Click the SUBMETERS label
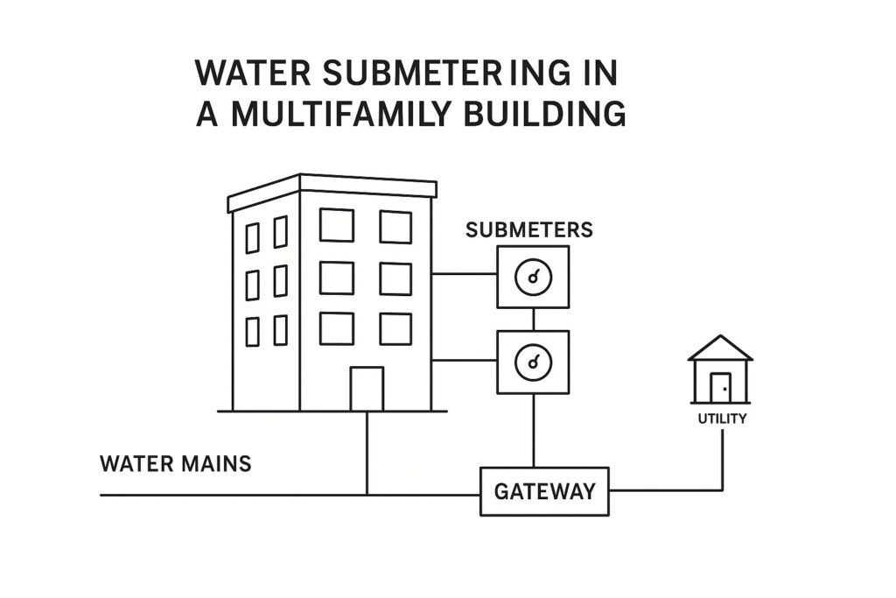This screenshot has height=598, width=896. point(528,230)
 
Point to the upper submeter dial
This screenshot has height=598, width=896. point(533,278)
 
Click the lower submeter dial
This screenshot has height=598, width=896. point(533,362)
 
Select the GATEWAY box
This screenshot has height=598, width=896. point(544,491)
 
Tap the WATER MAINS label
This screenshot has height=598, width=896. point(176,463)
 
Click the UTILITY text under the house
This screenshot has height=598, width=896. point(722,419)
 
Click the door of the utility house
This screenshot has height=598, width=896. point(720,387)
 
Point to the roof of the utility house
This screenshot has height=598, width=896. point(720,348)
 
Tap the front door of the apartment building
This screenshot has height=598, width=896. point(367,389)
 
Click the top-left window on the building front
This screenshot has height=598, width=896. point(336,225)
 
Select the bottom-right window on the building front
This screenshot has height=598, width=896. point(395,328)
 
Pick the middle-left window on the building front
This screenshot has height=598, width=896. point(336,278)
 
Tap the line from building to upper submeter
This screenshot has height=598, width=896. point(464,274)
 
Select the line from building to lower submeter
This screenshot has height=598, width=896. point(464,360)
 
